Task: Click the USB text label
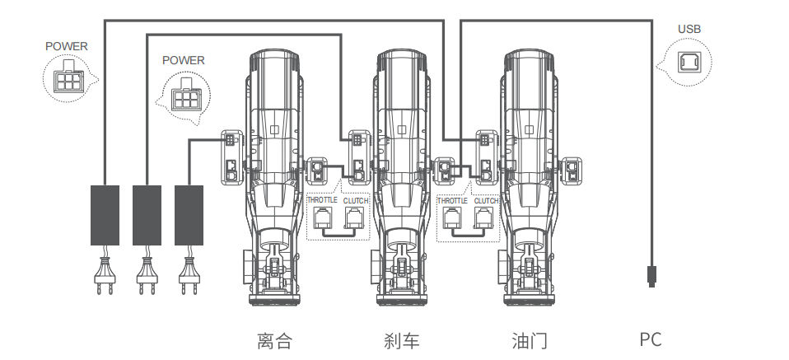click(x=689, y=30)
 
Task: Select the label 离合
click(x=274, y=340)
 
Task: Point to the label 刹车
click(x=401, y=340)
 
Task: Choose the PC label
click(x=651, y=339)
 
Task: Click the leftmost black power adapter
click(x=105, y=215)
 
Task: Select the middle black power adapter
click(x=147, y=215)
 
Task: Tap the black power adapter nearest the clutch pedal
click(x=189, y=215)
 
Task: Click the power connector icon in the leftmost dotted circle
click(x=65, y=81)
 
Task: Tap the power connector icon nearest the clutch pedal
click(x=184, y=98)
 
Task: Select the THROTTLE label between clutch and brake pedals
click(x=321, y=201)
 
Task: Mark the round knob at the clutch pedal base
click(x=246, y=271)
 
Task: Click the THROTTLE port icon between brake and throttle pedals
click(x=451, y=219)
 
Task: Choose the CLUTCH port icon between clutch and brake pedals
click(x=355, y=219)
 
